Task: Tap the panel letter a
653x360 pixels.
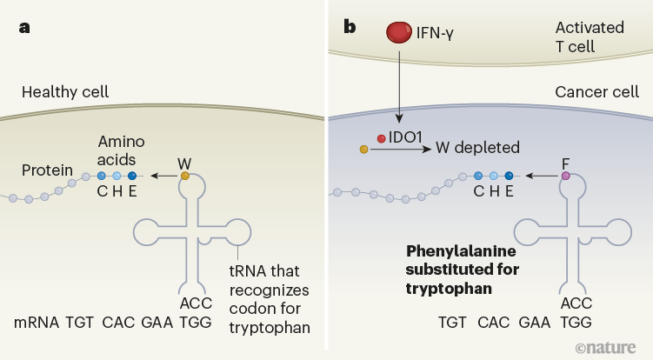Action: coord(25,27)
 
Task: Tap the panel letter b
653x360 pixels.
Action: coord(350,27)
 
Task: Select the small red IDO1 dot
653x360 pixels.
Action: coord(381,138)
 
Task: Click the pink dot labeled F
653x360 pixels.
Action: coord(566,176)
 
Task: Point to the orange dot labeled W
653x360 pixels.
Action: coord(184,176)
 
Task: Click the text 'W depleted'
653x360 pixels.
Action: coord(478,149)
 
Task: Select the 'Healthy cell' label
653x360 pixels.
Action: coord(65,91)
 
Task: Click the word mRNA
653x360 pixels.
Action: coord(37,322)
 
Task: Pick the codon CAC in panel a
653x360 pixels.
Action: coord(119,322)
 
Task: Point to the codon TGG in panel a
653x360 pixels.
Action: coord(195,322)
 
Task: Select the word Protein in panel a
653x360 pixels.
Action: coord(48,170)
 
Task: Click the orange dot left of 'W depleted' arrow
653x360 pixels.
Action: coord(363,150)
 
